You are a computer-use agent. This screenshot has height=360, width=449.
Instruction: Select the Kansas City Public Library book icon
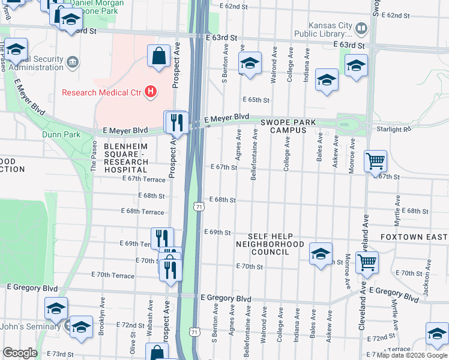361,28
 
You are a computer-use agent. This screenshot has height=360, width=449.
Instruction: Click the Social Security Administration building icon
73,61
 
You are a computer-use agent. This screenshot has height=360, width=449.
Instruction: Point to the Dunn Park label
61,134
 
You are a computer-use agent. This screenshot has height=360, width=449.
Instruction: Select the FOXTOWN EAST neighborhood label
414,237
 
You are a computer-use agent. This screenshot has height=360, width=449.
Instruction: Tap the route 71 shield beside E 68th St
198,206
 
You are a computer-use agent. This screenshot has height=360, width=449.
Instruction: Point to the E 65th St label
256,100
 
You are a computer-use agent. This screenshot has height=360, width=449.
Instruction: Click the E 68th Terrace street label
142,212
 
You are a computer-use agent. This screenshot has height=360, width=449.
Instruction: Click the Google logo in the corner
20,353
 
